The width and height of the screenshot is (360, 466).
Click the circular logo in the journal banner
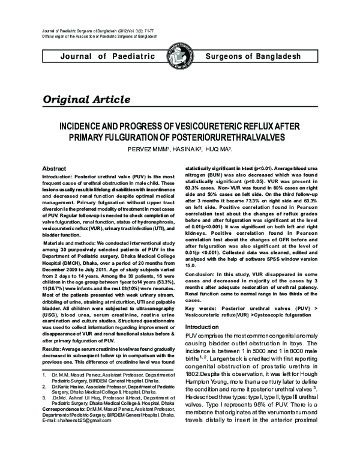179,56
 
